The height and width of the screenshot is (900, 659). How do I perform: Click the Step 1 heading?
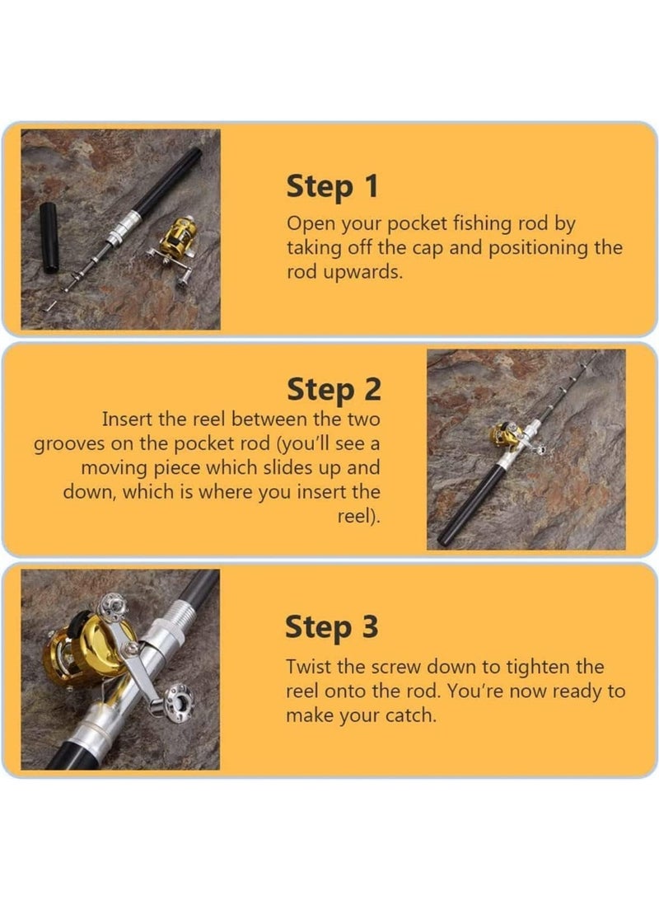pyautogui.click(x=333, y=186)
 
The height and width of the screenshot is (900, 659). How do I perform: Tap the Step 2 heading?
pyautogui.click(x=334, y=389)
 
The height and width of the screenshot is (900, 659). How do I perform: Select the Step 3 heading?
pyautogui.click(x=331, y=626)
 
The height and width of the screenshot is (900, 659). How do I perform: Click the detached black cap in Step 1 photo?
pyautogui.click(x=49, y=237)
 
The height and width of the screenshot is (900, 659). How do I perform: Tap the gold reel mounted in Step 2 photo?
pyautogui.click(x=506, y=434)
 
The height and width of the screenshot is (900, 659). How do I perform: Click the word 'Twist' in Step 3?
pyautogui.click(x=309, y=667)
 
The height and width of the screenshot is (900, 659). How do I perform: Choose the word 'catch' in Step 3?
pyautogui.click(x=409, y=715)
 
